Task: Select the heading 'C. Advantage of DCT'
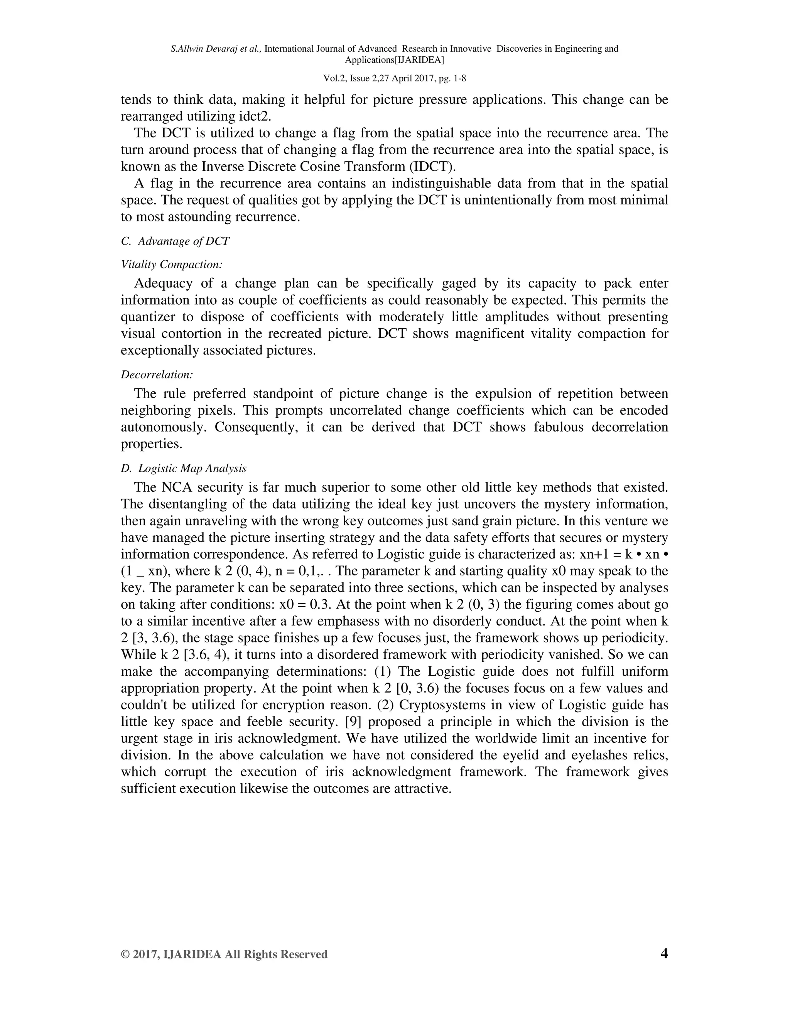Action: pyautogui.click(x=175, y=241)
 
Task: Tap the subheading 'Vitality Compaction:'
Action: pyautogui.click(x=171, y=265)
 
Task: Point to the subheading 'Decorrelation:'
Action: pyautogui.click(x=157, y=374)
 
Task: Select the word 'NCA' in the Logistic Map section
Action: pyautogui.click(x=176, y=487)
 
